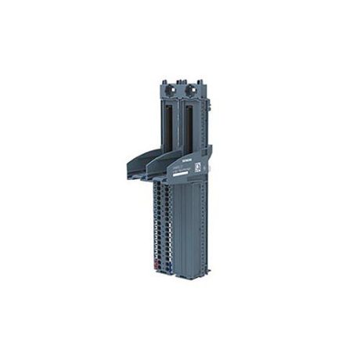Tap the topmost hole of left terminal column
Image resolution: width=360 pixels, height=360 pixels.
[160, 188]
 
